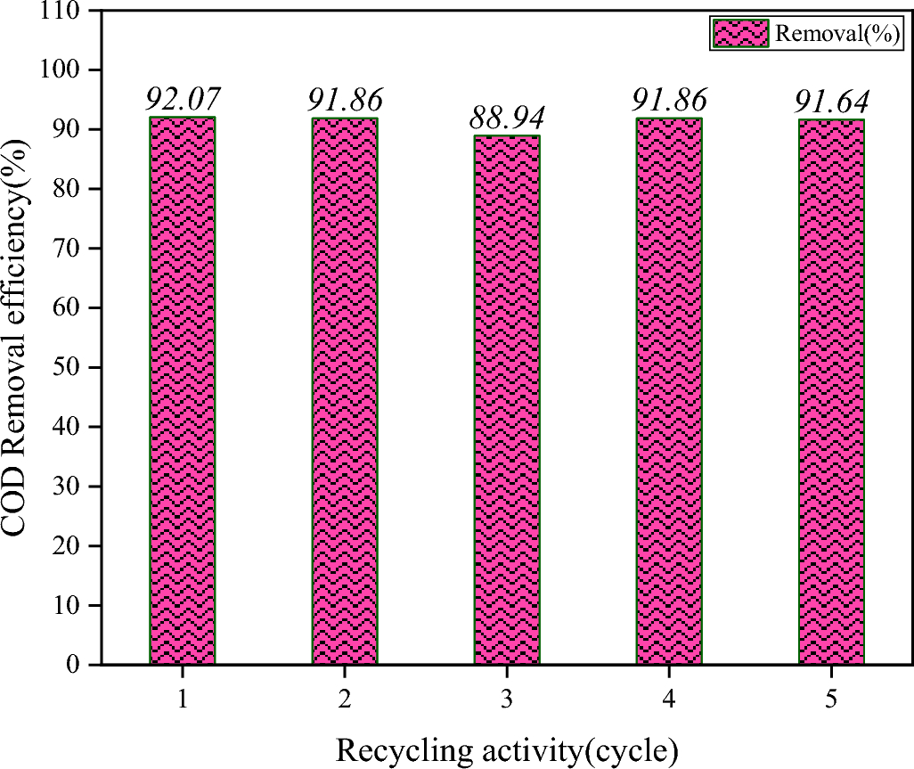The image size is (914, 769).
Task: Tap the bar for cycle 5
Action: pyautogui.click(x=830, y=391)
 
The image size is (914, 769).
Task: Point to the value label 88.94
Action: pyautogui.click(x=506, y=117)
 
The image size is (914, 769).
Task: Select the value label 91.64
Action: pyautogui.click(x=830, y=101)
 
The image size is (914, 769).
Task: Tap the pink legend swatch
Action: pyautogui.click(x=739, y=35)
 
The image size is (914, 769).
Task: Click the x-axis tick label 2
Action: pyautogui.click(x=345, y=699)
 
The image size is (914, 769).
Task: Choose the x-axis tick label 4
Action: pyautogui.click(x=668, y=699)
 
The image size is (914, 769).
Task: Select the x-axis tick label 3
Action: pyautogui.click(x=506, y=699)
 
